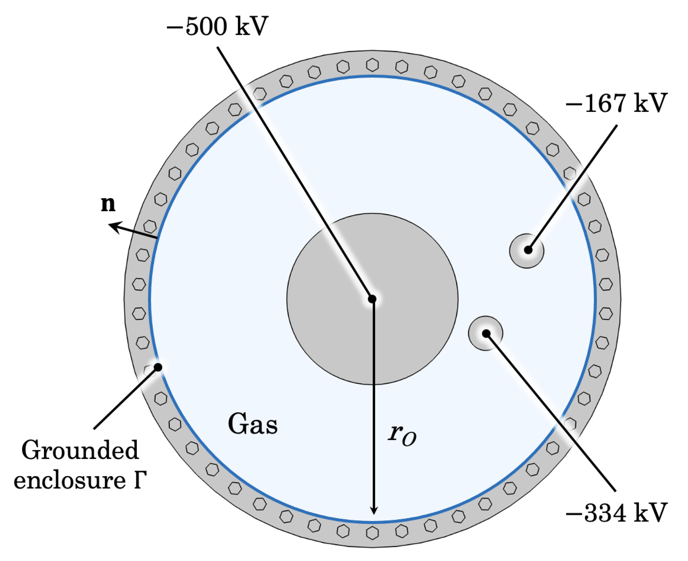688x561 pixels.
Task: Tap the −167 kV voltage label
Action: (x=616, y=103)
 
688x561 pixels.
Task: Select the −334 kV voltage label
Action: (x=616, y=513)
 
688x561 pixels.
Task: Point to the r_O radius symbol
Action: (x=402, y=434)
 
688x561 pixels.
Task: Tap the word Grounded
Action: (x=80, y=450)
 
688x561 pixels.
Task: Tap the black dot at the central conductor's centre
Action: (x=372, y=299)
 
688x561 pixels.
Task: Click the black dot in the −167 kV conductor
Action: (x=528, y=250)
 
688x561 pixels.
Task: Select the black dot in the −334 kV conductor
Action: (x=486, y=333)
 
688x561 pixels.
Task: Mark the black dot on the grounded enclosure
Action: (x=158, y=367)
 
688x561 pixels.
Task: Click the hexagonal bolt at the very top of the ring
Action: (x=372, y=65)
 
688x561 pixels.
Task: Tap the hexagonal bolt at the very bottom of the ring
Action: (x=372, y=533)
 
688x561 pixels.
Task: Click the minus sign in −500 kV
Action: (x=174, y=27)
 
